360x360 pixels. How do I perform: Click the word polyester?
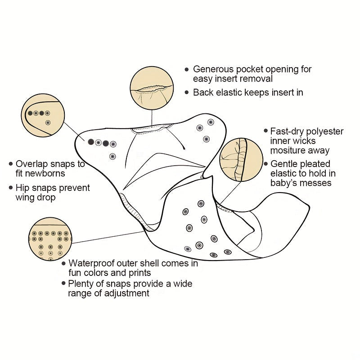326,131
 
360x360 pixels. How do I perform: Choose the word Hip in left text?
23,188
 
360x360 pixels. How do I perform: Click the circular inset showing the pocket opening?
152,87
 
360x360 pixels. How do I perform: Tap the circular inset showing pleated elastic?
241,160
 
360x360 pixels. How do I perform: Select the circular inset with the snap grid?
49,240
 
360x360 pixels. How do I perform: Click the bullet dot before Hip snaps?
10,188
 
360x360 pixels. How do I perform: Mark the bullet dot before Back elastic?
187,92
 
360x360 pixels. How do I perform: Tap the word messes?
317,183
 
